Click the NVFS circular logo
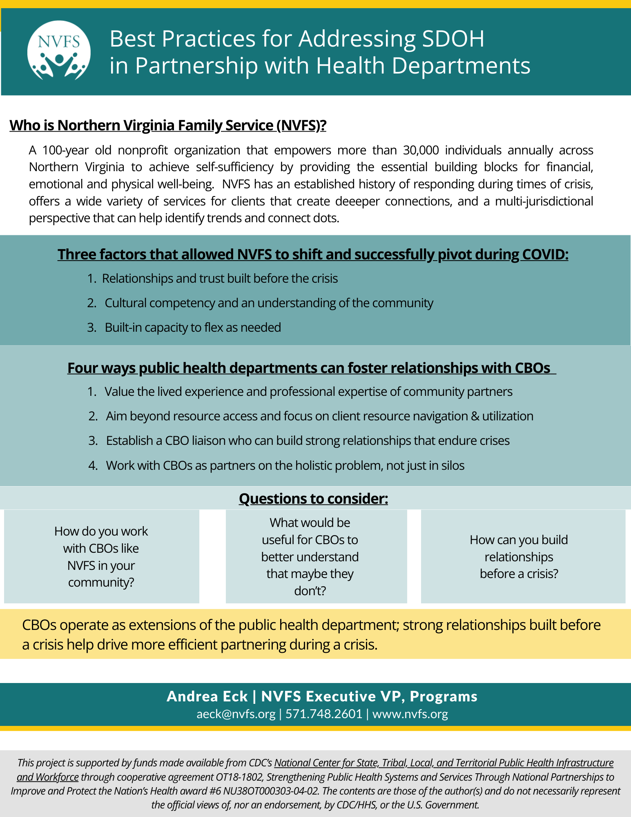tap(59, 51)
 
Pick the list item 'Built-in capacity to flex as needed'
tap(193, 328)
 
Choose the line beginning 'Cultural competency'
tap(269, 303)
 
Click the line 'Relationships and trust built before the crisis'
tap(220, 279)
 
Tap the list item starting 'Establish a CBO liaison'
tap(308, 441)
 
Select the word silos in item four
tap(452, 466)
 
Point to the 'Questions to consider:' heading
tap(313, 499)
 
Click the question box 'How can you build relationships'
tap(519, 557)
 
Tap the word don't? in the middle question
tap(310, 591)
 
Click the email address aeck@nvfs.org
tap(236, 714)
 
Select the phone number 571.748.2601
tap(324, 714)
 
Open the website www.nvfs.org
tap(410, 714)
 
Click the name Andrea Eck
tap(207, 696)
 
